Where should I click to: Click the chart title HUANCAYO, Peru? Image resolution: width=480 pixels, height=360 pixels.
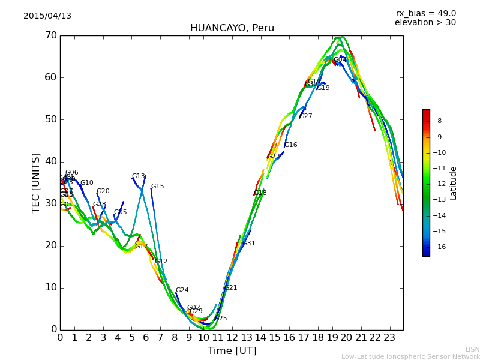point(232,28)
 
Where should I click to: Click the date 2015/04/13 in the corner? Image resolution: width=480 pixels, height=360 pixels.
point(47,16)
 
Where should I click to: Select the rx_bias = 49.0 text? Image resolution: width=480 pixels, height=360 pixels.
point(425,14)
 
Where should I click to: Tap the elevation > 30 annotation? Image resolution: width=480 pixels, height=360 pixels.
point(425,23)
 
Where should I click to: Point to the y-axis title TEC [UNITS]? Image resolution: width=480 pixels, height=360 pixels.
point(36,182)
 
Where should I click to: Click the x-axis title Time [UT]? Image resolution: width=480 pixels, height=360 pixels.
point(232,351)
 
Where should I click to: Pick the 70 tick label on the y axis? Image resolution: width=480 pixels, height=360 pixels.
point(50,35)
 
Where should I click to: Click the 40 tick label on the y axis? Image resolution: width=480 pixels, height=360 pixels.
point(50,161)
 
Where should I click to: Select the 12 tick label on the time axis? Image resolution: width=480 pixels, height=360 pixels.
point(232,337)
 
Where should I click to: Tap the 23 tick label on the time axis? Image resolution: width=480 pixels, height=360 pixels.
point(389,337)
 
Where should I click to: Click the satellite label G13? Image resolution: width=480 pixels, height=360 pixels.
point(139,176)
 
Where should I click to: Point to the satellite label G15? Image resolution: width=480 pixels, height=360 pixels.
point(157,187)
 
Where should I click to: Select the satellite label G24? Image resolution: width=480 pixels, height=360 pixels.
point(182,290)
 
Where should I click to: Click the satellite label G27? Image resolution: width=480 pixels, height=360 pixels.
point(306,116)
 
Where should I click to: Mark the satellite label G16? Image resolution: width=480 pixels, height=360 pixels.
point(291,145)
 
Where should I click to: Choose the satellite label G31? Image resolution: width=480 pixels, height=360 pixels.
point(249,244)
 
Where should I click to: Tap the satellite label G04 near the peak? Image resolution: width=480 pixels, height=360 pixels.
point(340,60)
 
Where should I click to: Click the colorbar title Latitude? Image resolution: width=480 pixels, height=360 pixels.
point(454,183)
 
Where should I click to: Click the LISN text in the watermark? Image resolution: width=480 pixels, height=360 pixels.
point(473,350)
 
